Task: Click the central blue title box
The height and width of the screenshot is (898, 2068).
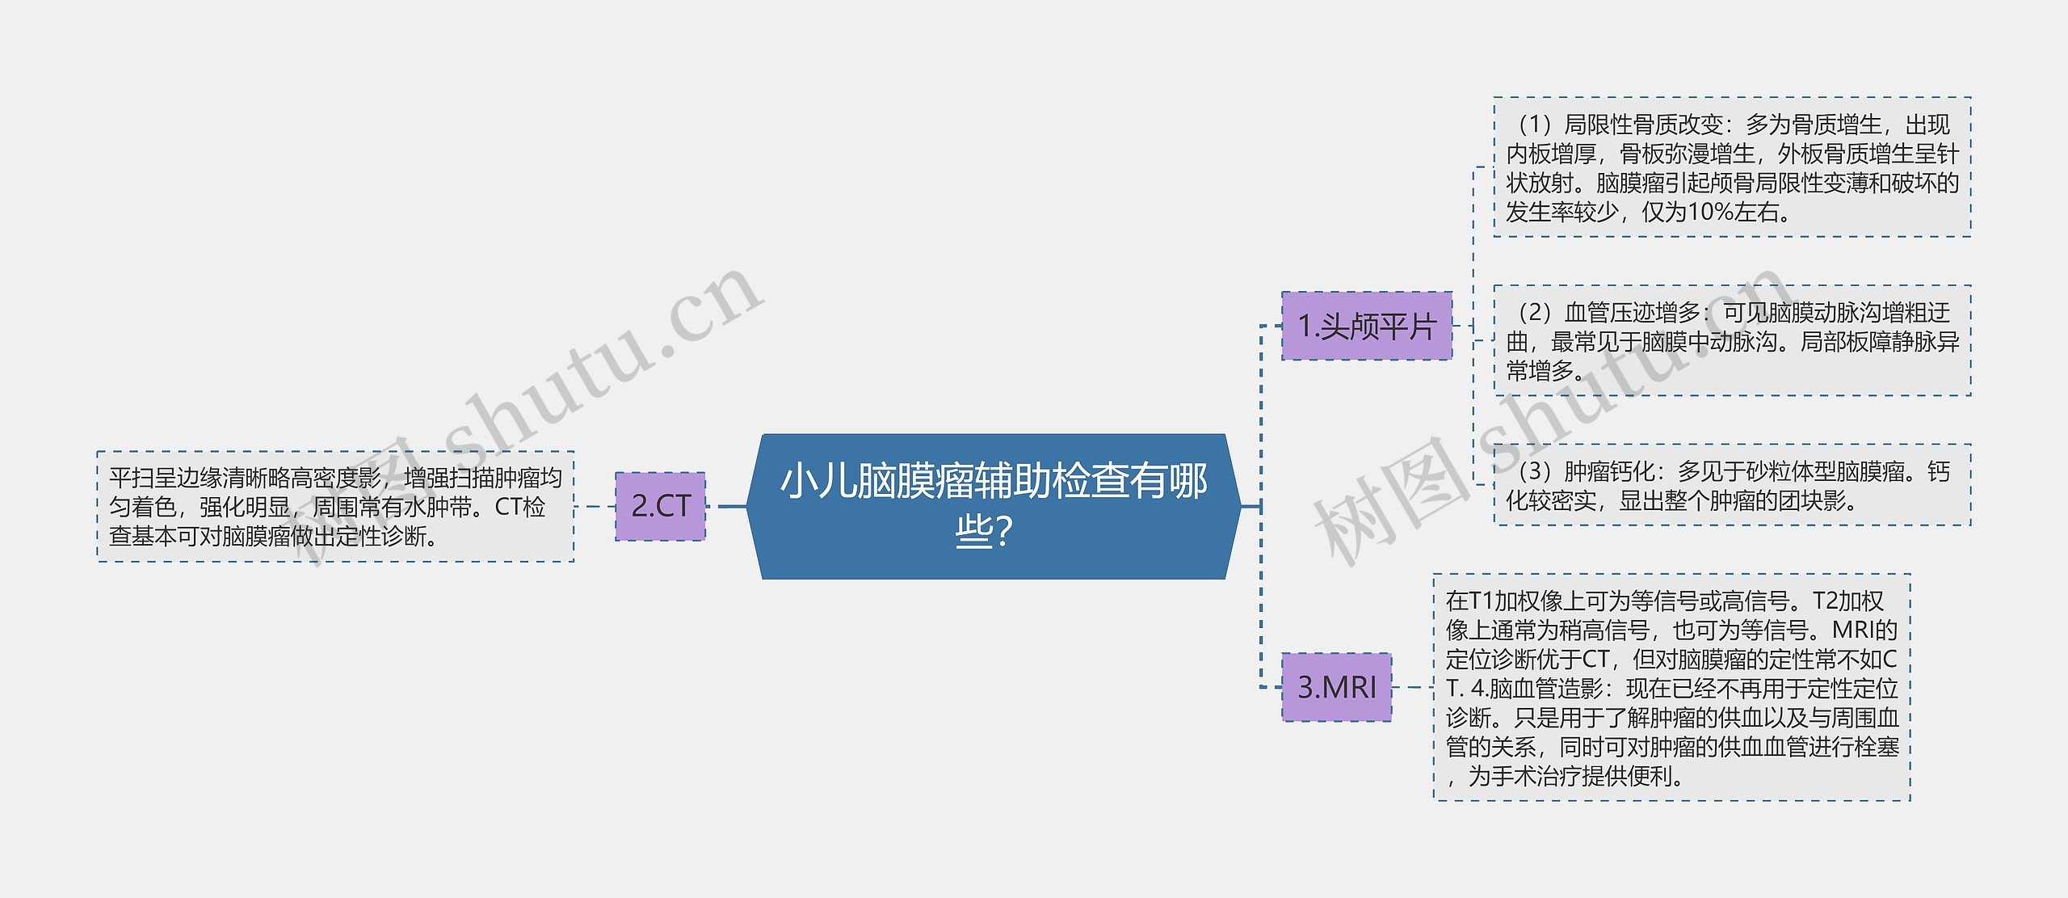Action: (x=994, y=506)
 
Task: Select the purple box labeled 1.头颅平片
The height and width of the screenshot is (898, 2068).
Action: (x=1367, y=326)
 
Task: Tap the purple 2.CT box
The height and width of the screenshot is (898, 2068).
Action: (x=660, y=506)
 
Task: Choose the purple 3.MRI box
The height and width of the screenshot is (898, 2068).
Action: (x=1336, y=687)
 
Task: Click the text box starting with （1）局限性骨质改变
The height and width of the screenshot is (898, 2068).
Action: (x=1732, y=167)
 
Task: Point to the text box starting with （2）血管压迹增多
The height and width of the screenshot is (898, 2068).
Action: (x=1732, y=340)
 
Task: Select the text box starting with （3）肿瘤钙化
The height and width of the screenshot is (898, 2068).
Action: (x=1732, y=485)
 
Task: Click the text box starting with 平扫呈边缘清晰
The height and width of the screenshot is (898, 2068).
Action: (x=335, y=507)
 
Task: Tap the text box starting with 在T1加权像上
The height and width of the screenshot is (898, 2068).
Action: (x=1671, y=688)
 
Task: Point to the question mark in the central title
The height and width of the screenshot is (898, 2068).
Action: (x=1004, y=533)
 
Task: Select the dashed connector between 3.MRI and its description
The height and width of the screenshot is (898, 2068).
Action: (x=1412, y=688)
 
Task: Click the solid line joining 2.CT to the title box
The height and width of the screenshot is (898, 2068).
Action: (x=732, y=507)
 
